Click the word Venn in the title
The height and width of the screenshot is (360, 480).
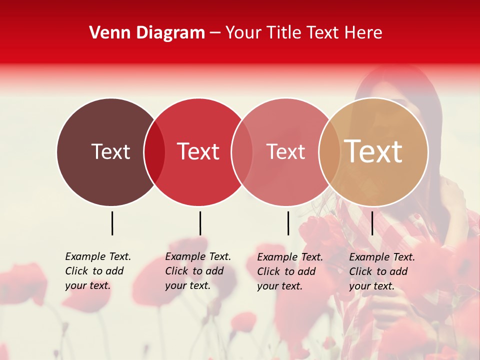110,33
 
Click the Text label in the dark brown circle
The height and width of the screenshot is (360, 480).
110,151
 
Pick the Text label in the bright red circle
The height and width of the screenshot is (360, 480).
198,151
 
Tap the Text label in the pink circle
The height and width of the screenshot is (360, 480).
285,151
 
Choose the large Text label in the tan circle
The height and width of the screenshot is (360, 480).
373,151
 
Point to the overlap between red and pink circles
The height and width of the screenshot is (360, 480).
242,152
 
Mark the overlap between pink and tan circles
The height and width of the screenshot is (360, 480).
329,152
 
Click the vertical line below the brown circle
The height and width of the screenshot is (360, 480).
112,223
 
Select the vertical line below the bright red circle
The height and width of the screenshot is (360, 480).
200,223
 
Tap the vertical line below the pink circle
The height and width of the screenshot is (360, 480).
288,223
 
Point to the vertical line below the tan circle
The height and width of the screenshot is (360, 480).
372,223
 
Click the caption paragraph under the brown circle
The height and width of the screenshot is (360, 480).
97,271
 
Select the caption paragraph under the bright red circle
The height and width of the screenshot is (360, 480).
197,271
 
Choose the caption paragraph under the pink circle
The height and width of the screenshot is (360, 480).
289,271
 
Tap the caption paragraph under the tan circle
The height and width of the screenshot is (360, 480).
381,271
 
